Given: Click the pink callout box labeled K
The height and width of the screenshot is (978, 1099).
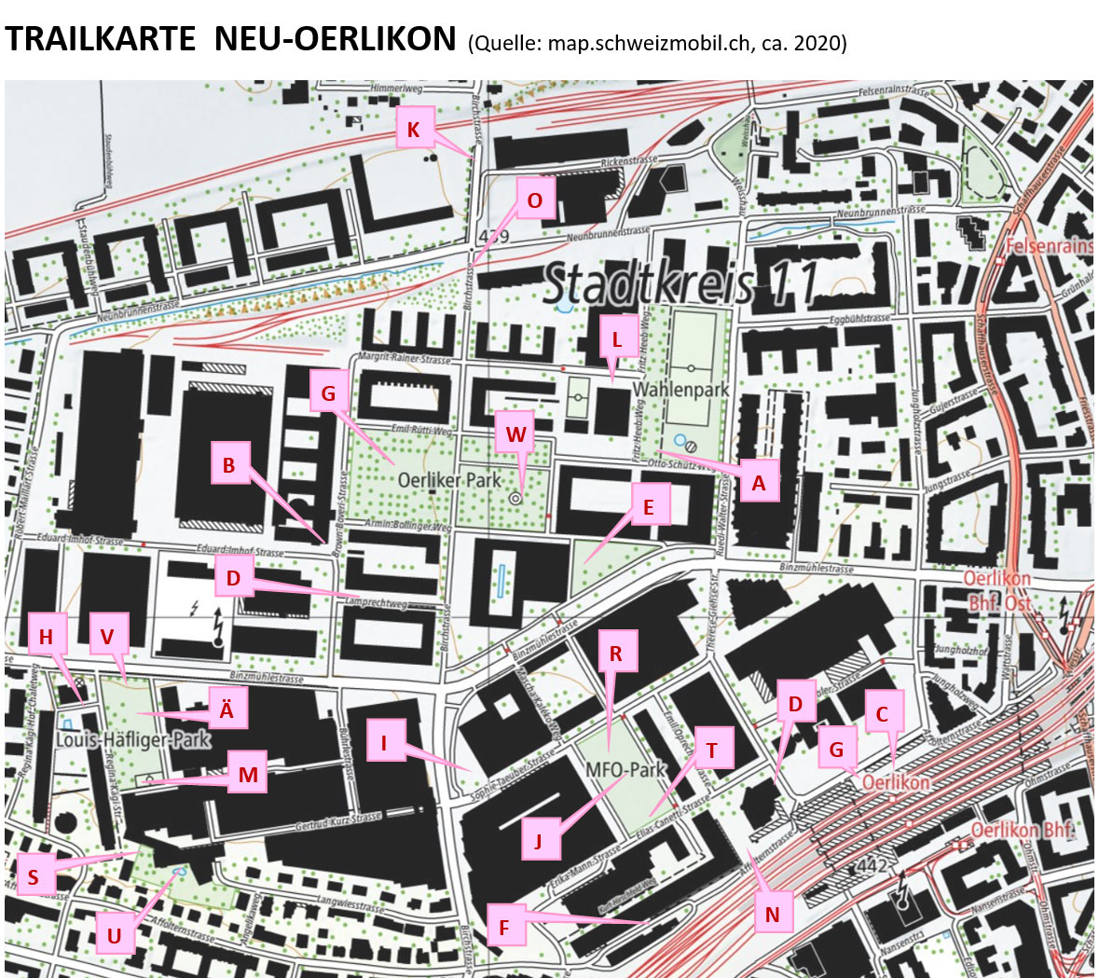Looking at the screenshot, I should point(413,130).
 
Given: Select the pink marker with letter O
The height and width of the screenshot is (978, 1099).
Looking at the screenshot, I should point(534,200).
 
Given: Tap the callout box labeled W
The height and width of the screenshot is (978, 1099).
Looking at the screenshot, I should point(515,434).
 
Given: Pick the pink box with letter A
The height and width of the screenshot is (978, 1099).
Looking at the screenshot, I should point(758,483).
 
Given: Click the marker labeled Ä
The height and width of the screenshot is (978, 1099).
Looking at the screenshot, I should point(226,709).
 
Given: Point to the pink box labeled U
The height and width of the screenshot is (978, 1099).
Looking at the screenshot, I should point(115,935).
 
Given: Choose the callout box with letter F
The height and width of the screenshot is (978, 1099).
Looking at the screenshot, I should point(504,927).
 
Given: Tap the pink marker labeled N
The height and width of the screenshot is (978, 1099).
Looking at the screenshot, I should point(772,914).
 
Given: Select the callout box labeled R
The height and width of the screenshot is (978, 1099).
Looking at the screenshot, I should point(615,654).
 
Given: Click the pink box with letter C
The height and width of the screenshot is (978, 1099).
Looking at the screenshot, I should point(882,714).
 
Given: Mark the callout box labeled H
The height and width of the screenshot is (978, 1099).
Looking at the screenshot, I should point(47,637).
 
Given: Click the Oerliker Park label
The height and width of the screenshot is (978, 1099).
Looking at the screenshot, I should point(449,480).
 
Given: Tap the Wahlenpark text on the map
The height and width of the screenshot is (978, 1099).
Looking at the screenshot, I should point(680,390).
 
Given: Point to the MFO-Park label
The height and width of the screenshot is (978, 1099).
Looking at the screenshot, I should point(626,770).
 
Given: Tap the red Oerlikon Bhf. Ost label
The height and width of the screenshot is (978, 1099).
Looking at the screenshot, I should point(999,591).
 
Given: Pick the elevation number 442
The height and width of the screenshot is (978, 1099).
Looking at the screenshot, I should point(872,866).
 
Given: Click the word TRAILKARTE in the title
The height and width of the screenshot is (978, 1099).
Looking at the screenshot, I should point(100,39).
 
